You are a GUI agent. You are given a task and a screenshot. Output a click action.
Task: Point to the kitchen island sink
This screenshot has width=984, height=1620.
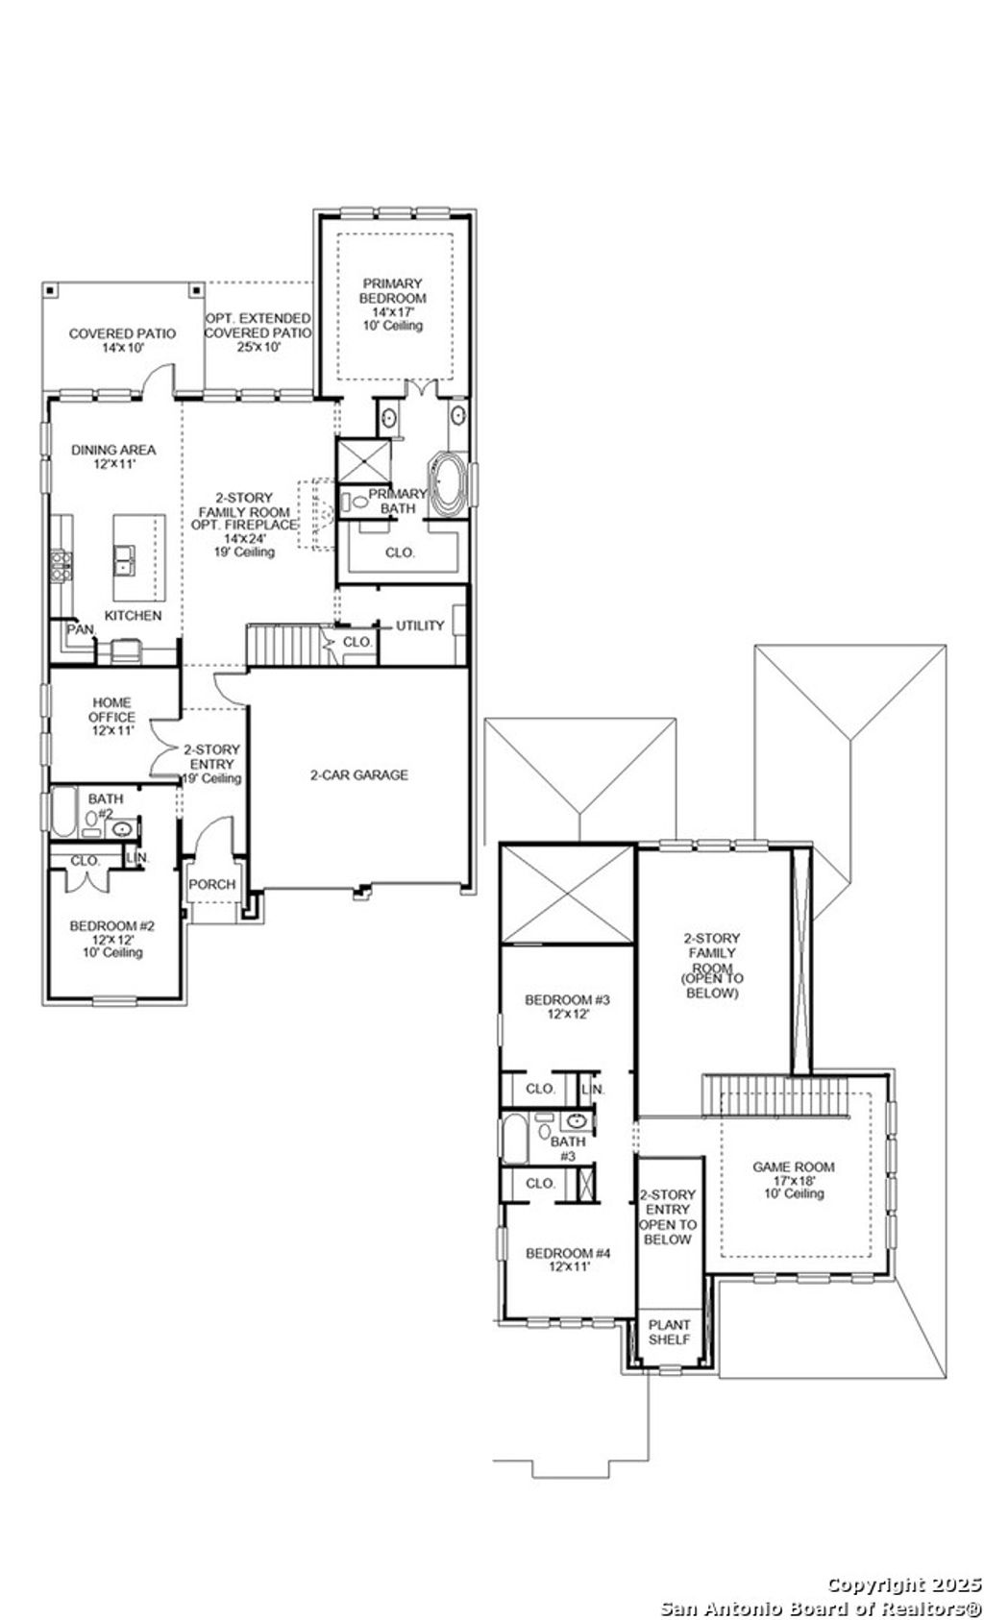tap(125, 559)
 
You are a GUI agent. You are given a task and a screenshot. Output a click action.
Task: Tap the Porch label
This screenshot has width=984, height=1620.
tap(211, 884)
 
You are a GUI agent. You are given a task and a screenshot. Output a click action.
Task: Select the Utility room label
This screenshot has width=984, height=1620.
tap(420, 626)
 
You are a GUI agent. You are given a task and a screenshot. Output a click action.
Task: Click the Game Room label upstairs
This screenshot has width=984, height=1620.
tap(793, 1180)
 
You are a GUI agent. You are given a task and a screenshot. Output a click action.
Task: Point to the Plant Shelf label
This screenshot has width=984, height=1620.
tap(669, 1332)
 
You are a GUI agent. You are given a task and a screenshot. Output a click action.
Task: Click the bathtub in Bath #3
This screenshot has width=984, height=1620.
tap(514, 1139)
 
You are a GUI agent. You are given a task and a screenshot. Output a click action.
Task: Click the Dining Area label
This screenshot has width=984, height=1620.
tap(112, 456)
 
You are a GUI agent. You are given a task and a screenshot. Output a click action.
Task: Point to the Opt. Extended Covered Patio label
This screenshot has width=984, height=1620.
tap(258, 332)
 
